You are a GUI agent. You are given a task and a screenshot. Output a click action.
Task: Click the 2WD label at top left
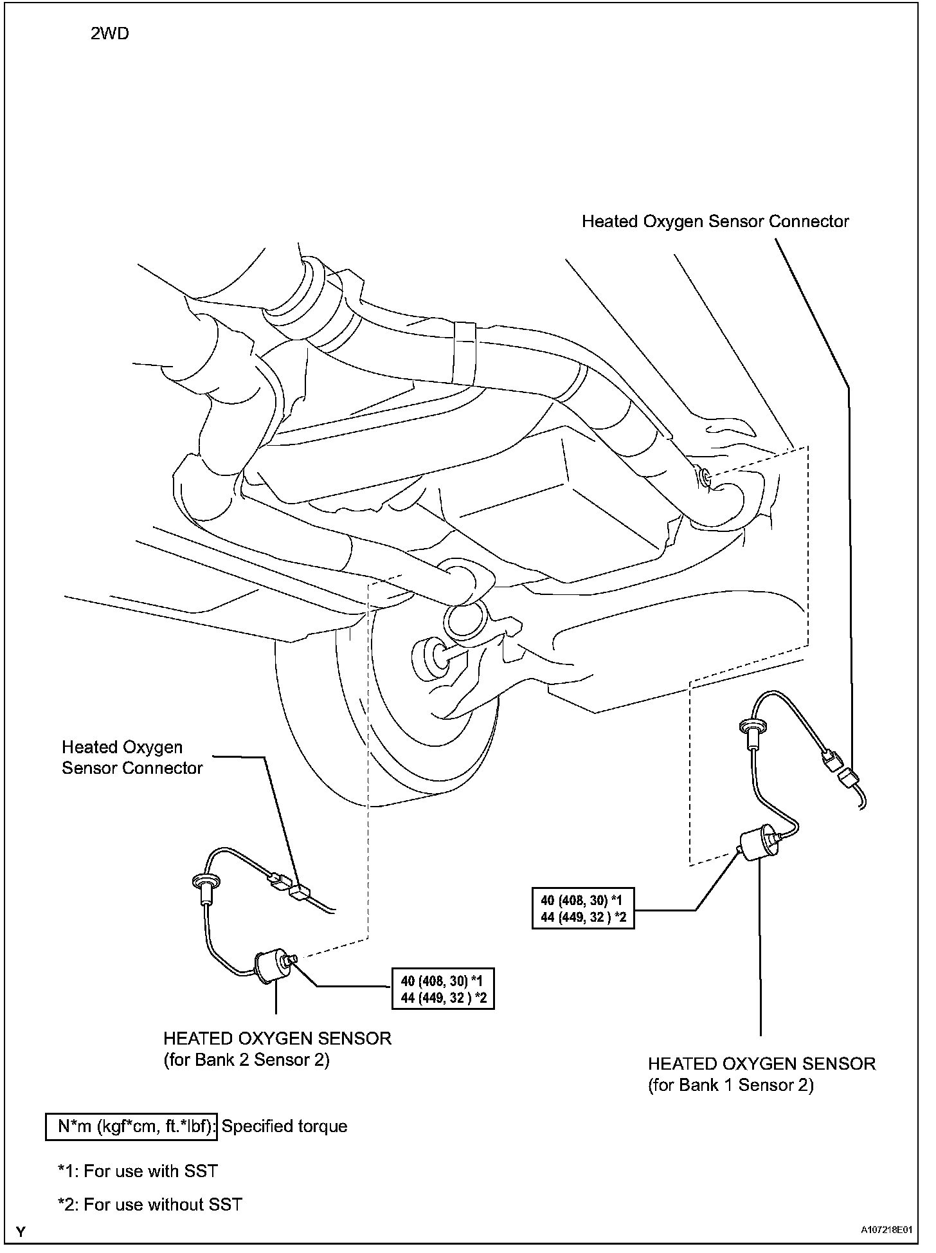tap(109, 33)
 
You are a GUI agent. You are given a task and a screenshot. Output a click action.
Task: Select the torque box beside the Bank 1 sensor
tap(584, 908)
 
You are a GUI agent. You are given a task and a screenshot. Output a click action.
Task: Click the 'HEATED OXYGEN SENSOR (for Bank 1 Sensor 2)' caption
tap(762, 1074)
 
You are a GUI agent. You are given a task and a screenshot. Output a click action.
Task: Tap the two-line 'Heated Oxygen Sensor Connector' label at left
tap(132, 758)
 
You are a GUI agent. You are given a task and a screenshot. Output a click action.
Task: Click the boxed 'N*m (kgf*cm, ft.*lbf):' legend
tap(132, 1126)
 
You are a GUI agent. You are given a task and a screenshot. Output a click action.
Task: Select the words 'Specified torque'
tap(284, 1126)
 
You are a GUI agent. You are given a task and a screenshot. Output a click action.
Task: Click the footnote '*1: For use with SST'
tap(138, 1171)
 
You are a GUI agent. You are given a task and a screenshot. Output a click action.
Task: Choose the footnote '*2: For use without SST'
tap(150, 1204)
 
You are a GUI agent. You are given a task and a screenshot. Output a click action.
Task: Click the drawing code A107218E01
tap(887, 1230)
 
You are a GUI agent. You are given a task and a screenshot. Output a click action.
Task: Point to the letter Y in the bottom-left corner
tap(22, 1232)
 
